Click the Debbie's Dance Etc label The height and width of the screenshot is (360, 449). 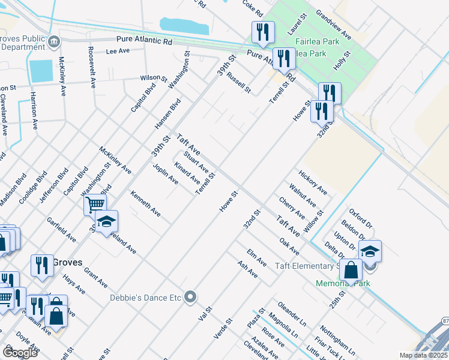[145, 297]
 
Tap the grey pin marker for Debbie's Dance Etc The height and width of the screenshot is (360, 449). [191, 297]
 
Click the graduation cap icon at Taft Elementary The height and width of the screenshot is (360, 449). [370, 251]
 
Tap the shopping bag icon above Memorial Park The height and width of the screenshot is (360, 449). [351, 270]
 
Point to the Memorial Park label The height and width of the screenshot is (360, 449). [340, 283]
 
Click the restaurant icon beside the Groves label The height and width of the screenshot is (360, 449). [41, 265]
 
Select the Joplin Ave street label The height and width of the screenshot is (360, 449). [165, 174]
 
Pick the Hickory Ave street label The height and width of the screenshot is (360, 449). [313, 182]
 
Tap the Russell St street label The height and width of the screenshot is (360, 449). [238, 83]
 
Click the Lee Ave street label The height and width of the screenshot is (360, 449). [118, 52]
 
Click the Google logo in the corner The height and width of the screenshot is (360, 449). [20, 352]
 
